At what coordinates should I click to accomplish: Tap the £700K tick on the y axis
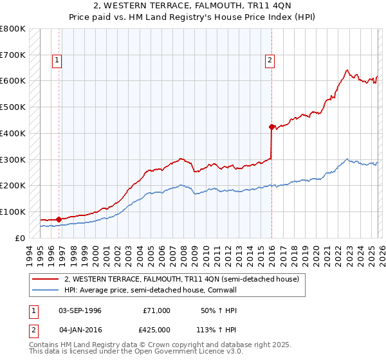click(x=13, y=55)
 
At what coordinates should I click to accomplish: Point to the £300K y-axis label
click(x=13, y=159)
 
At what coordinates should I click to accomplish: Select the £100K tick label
click(x=13, y=212)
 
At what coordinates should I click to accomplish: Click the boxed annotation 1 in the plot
click(x=57, y=60)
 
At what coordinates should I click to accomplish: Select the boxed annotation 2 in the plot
click(x=270, y=60)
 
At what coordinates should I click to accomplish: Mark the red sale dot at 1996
click(x=59, y=219)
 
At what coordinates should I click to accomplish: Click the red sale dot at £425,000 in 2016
click(x=271, y=127)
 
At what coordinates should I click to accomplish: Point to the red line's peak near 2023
click(x=347, y=70)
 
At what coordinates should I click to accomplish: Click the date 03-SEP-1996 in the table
click(x=80, y=310)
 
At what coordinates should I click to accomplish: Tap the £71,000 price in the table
click(x=156, y=310)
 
